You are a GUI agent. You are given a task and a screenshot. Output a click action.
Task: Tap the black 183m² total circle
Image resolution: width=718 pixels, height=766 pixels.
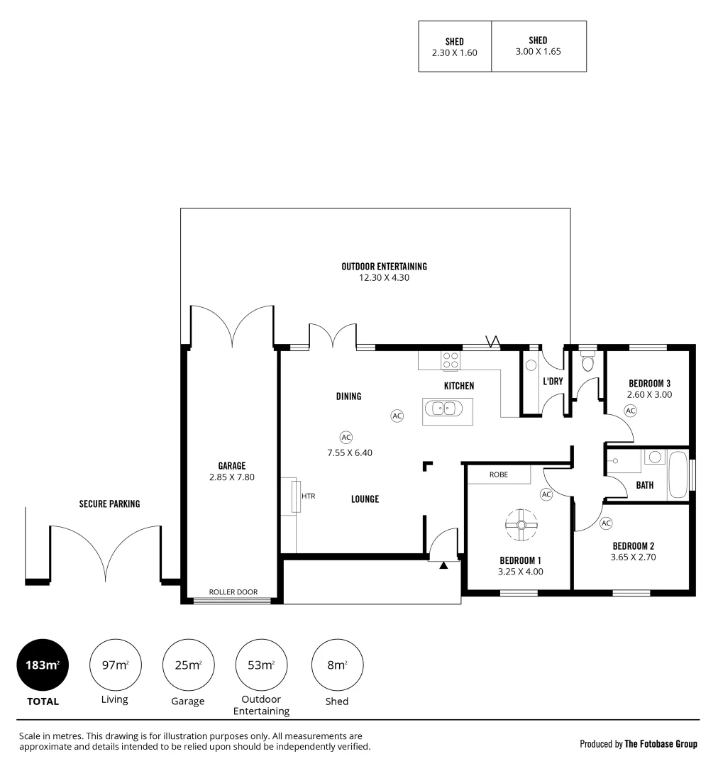click(43, 665)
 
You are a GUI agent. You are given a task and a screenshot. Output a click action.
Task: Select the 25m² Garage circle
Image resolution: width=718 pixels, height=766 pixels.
click(188, 665)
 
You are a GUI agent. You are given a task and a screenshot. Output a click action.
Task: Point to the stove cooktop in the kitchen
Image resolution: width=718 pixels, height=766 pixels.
click(450, 361)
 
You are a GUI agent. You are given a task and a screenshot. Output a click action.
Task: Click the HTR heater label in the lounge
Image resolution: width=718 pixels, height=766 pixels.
click(308, 496)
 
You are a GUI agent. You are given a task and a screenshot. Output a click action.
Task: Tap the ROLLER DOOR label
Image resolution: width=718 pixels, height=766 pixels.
click(233, 592)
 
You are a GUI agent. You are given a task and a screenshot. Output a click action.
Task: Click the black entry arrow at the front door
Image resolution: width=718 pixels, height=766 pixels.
click(444, 565)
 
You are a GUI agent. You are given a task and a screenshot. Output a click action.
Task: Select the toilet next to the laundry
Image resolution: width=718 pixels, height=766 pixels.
click(587, 363)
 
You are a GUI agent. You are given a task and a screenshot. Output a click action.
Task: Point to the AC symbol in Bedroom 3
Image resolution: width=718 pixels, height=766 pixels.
click(629, 411)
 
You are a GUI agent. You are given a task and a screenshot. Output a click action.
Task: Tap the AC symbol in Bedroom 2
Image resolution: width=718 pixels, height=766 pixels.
click(606, 523)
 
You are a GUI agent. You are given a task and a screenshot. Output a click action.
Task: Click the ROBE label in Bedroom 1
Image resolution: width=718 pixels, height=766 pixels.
click(498, 474)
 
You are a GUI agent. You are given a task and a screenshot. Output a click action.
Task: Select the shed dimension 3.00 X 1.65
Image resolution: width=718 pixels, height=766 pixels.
click(538, 51)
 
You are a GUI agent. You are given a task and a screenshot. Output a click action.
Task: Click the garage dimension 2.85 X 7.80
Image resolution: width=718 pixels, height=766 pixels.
click(231, 477)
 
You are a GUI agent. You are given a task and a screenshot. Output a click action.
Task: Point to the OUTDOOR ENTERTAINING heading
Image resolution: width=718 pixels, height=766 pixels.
click(384, 267)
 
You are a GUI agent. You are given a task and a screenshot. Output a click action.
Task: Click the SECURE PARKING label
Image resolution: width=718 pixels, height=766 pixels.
click(109, 504)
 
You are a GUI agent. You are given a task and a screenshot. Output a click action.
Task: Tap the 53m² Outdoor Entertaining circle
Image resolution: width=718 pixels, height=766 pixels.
click(261, 665)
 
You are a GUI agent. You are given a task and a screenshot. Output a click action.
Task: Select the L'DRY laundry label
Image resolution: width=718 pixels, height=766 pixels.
click(552, 382)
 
